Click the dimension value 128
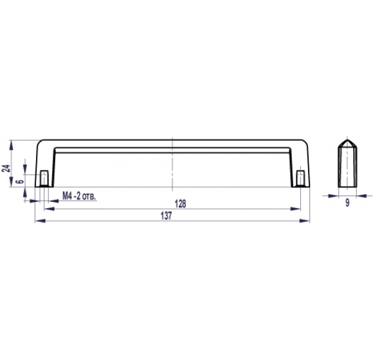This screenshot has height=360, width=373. tap(180, 204)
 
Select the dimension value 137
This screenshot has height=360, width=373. tap(166, 215)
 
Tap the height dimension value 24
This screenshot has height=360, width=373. tap(6, 168)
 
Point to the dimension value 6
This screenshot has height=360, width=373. tap(21, 181)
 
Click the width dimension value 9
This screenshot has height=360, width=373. tap(347, 203)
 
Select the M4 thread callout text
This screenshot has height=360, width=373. tap(79, 197)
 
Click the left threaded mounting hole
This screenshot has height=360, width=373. tap(44, 178)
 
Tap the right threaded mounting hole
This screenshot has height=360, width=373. tap(301, 178)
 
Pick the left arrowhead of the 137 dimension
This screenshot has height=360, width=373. tap(41, 221)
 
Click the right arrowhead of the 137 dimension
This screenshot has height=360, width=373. tap(304, 221)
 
